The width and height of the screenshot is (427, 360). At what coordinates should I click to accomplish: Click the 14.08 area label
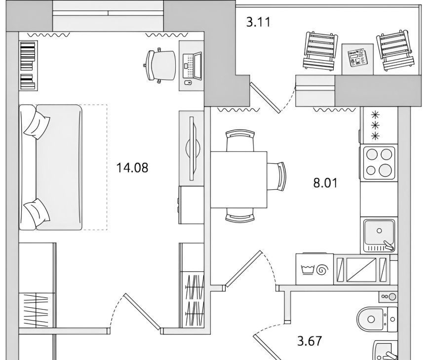[x=132, y=168]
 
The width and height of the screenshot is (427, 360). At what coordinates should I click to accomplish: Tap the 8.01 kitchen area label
[x=325, y=183]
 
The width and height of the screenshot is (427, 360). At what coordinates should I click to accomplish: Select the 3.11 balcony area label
[x=259, y=22]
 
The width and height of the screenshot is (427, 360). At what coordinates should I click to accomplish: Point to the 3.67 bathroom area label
[x=310, y=341]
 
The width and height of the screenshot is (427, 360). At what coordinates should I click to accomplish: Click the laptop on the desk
[x=192, y=66]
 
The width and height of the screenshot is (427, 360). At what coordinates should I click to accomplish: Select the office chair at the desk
[x=159, y=65]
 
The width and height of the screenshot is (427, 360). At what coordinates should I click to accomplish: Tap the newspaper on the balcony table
[x=357, y=58]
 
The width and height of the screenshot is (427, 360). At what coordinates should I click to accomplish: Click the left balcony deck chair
[x=320, y=51]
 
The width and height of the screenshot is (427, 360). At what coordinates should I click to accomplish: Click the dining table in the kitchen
[x=238, y=180]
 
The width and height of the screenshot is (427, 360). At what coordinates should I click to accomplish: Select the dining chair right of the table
[x=276, y=177]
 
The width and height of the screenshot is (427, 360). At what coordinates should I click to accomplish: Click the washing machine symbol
[x=315, y=269]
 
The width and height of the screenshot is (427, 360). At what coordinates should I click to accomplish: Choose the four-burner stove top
[x=379, y=163]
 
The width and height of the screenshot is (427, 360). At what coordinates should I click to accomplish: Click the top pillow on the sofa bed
[x=37, y=124]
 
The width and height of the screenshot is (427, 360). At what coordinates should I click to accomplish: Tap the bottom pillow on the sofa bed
[x=37, y=212]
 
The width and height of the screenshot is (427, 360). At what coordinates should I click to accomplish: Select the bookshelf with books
[x=28, y=65]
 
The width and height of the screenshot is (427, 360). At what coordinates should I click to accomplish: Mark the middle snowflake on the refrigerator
[x=376, y=125]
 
